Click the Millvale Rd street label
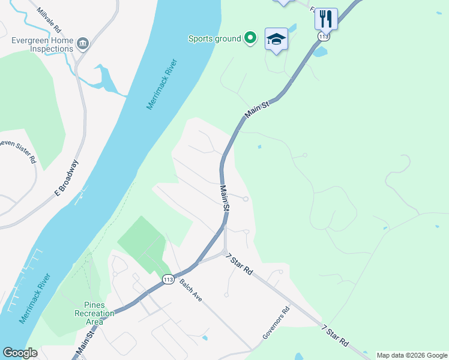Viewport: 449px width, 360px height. [49, 20]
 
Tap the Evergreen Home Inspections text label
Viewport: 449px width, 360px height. [42, 44]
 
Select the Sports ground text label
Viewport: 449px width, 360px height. [214, 38]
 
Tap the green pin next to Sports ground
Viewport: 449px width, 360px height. [250, 38]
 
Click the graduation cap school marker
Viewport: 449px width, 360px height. [276, 39]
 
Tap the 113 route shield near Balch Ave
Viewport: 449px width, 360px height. [168, 278]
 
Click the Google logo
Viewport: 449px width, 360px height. [20, 353]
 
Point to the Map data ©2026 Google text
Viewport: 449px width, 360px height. [411, 355]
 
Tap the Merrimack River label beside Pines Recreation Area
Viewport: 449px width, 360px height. [35, 298]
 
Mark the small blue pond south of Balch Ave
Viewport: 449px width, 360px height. [205, 338]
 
